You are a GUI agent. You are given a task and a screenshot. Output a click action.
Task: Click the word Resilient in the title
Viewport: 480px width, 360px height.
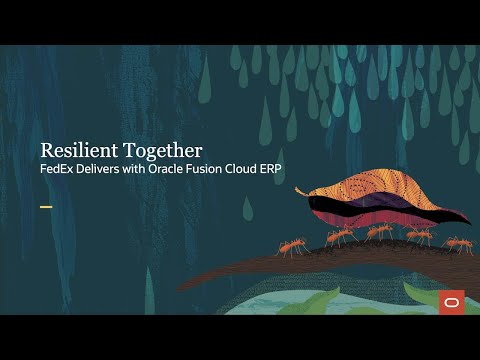pos(77,150)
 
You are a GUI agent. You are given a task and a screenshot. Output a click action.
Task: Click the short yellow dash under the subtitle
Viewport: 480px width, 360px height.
pos(45,207)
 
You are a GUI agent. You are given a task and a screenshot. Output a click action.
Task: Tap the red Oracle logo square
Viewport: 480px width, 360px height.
pos(451,303)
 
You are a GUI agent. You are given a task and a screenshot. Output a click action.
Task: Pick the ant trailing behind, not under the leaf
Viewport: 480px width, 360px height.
pos(293,245)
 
